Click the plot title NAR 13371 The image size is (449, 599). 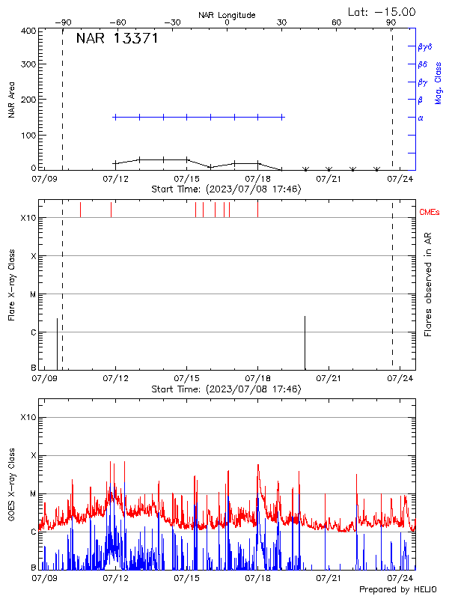(x=117, y=39)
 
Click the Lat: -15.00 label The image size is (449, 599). (x=382, y=11)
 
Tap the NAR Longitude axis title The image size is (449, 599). (x=227, y=15)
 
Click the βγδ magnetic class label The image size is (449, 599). (x=425, y=46)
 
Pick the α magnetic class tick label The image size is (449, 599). (x=421, y=118)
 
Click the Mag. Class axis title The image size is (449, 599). (x=439, y=82)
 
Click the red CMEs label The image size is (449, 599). (x=430, y=213)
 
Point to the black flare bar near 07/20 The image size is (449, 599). (x=305, y=343)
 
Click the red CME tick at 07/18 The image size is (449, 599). (x=257, y=209)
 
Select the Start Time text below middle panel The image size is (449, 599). (x=226, y=389)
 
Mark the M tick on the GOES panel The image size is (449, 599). (x=33, y=494)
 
